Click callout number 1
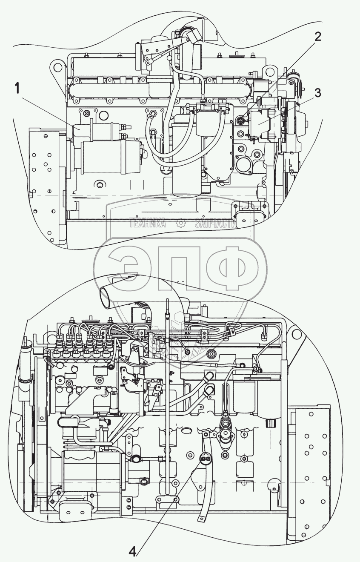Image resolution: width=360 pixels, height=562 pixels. click(x=17, y=89)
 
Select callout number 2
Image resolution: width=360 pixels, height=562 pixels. click(x=317, y=37)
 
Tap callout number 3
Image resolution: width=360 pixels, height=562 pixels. click(x=317, y=93)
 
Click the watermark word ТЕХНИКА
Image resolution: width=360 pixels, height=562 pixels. click(x=148, y=223)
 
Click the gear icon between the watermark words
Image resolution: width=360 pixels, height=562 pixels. click(x=180, y=223)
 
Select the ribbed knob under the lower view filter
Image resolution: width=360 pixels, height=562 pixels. click(x=269, y=424)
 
